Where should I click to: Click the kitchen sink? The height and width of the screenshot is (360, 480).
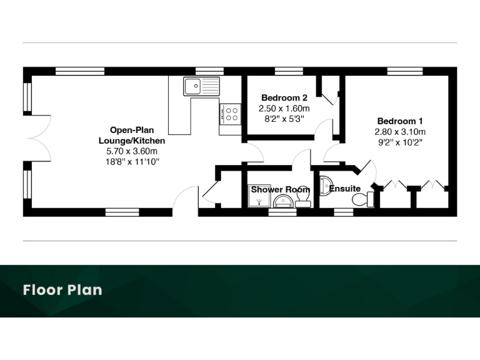(201, 86)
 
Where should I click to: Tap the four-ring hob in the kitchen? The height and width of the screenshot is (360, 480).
(231, 113)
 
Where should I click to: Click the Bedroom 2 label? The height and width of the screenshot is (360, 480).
(284, 98)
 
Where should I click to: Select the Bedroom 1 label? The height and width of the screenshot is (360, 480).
(400, 121)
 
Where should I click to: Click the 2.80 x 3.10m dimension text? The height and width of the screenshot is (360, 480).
(400, 132)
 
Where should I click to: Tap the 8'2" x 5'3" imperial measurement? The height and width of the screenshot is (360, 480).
(284, 118)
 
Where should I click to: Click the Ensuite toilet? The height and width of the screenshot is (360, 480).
(362, 199)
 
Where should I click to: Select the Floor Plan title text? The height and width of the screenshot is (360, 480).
(62, 290)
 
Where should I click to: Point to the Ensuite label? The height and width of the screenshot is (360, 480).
(345, 189)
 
